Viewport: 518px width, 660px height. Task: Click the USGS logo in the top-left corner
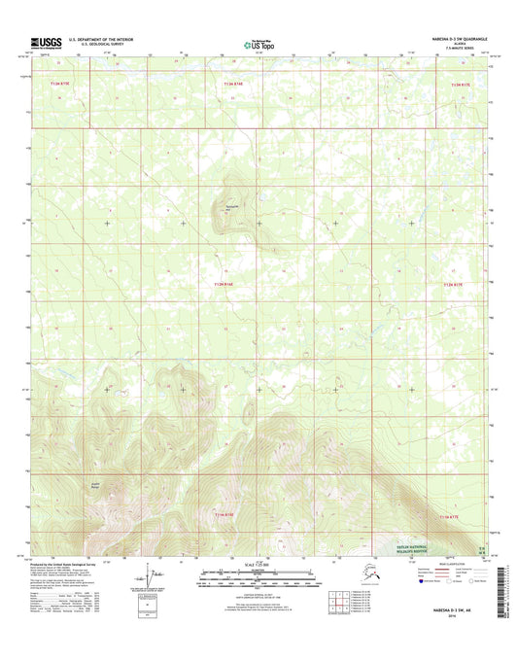pyautogui.click(x=48, y=42)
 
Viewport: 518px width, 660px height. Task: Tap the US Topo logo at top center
pyautogui.click(x=259, y=43)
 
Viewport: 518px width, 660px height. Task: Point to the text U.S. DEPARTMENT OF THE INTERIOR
pyautogui.click(x=105, y=39)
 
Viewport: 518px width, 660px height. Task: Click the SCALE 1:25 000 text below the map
pyautogui.click(x=259, y=565)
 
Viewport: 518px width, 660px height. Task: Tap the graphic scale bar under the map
pyautogui.click(x=259, y=579)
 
